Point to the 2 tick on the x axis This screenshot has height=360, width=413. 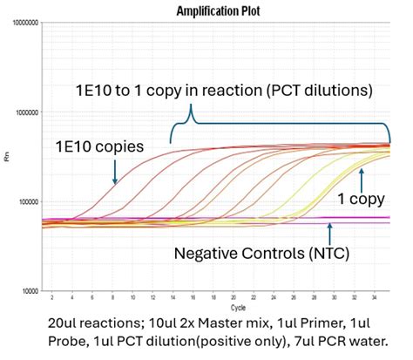tap(51, 298)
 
